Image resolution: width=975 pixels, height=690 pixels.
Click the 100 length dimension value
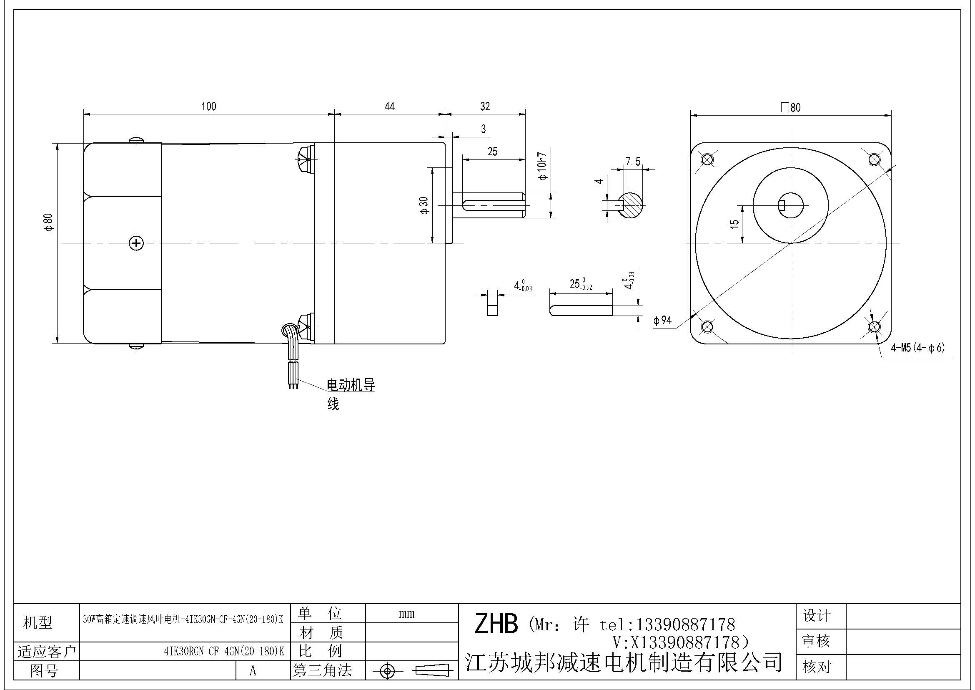[x=208, y=106]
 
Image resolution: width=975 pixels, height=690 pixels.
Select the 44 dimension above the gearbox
[x=389, y=106]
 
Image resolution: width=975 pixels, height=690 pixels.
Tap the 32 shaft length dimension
[x=485, y=106]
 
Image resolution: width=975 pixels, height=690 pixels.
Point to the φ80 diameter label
[x=49, y=222]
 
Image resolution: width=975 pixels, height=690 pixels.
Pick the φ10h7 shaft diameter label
[x=543, y=166]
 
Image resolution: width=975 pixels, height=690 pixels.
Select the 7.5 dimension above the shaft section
[x=633, y=162]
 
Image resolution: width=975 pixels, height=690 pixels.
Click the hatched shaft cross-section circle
[x=630, y=206]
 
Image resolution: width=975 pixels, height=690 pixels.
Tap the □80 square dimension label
[x=790, y=107]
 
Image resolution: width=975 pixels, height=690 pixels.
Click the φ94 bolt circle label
[x=662, y=321]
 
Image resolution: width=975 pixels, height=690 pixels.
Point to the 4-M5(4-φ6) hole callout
[x=917, y=348]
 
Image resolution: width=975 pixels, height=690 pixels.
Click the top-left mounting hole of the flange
[x=707, y=160]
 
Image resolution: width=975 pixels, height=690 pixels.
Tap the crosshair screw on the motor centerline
[x=136, y=243]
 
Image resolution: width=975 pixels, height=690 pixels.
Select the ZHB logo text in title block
[x=496, y=624]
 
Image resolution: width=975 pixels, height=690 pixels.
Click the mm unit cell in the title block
[x=406, y=614]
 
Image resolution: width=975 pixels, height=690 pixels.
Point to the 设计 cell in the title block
[x=816, y=616]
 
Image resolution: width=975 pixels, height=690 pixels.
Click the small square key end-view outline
[x=492, y=310]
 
